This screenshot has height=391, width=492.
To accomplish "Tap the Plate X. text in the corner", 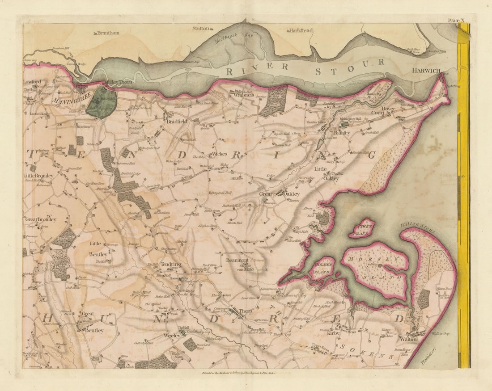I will click(x=458, y=20).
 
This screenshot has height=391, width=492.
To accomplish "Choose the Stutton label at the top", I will click(x=201, y=29).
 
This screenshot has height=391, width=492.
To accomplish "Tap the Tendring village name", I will click(x=171, y=265).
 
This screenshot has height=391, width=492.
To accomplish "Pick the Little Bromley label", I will click(x=38, y=176).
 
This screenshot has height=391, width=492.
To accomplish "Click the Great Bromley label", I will click(x=41, y=219).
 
